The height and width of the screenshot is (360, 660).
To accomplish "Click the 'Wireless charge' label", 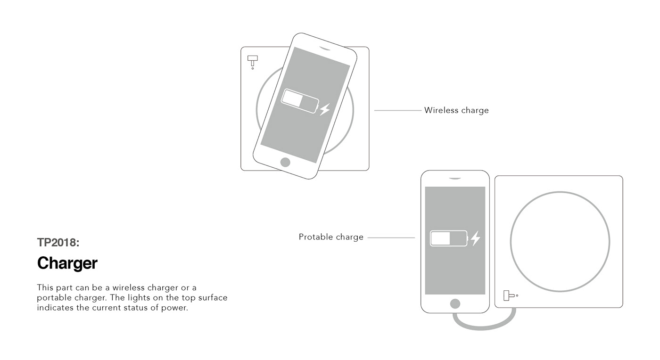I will [456, 110].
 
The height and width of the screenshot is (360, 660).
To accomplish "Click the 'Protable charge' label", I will [331, 237].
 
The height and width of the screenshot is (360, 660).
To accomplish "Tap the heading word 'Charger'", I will [67, 263].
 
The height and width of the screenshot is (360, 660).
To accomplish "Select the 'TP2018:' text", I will [58, 243].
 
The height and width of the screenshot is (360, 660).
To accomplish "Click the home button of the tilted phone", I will [285, 163].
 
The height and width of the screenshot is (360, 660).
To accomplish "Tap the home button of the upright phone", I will [455, 303].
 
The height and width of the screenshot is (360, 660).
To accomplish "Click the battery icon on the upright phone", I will [448, 238].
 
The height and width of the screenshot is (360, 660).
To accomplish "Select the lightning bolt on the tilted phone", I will [324, 110].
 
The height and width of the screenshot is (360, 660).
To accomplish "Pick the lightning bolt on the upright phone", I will [475, 238].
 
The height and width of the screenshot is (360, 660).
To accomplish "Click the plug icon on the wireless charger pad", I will [253, 61].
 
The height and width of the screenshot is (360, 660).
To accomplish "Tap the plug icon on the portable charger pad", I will [508, 295].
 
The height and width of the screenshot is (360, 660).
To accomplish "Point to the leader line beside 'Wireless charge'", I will [397, 111].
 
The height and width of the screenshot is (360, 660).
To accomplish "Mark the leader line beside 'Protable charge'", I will [391, 238].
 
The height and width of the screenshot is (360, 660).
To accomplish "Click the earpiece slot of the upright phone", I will [454, 179].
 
